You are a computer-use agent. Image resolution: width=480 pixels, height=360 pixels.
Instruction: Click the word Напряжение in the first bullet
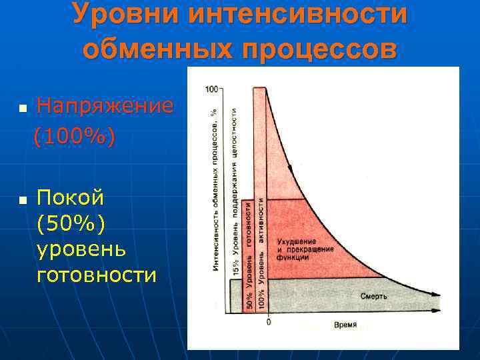pyautogui.click(x=105, y=105)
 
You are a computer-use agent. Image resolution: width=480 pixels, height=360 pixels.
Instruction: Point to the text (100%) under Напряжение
pyautogui.click(x=75, y=137)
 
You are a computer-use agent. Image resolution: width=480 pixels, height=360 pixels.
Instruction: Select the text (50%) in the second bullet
pyautogui.click(x=71, y=224)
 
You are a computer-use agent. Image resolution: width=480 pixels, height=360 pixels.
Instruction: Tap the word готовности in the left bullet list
pyautogui.click(x=97, y=275)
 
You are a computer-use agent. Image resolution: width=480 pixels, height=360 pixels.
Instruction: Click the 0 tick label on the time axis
pyautogui.click(x=268, y=323)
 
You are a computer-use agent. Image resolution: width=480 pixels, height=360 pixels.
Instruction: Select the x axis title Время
pyautogui.click(x=345, y=325)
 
